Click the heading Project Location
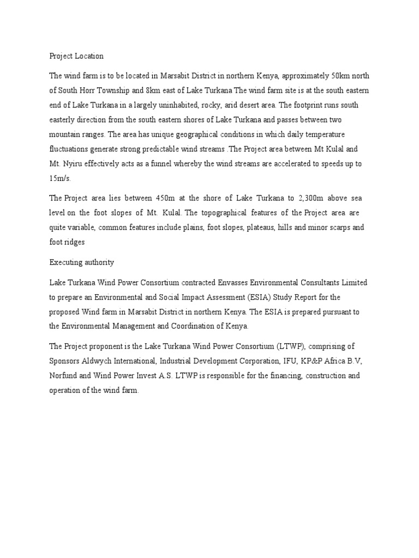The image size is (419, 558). [x=76, y=56]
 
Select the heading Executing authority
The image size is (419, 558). [x=82, y=262]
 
